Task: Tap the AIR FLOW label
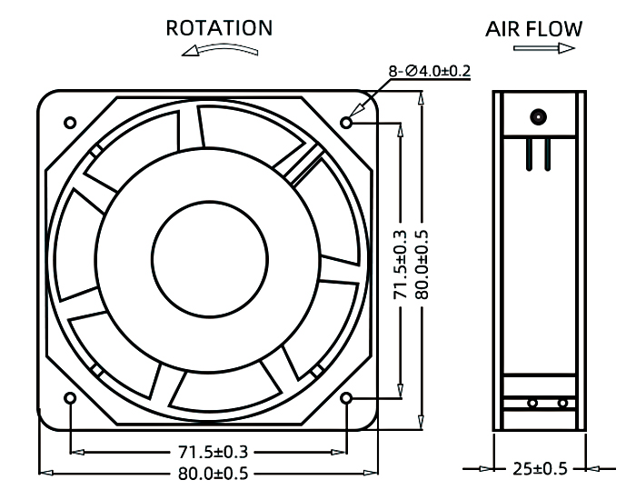point(533,29)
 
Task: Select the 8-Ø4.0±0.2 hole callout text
point(430,71)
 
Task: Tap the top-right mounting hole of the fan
point(347,121)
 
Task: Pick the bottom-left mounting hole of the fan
point(71,398)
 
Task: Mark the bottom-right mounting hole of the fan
point(347,398)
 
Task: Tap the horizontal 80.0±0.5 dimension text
point(210,472)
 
